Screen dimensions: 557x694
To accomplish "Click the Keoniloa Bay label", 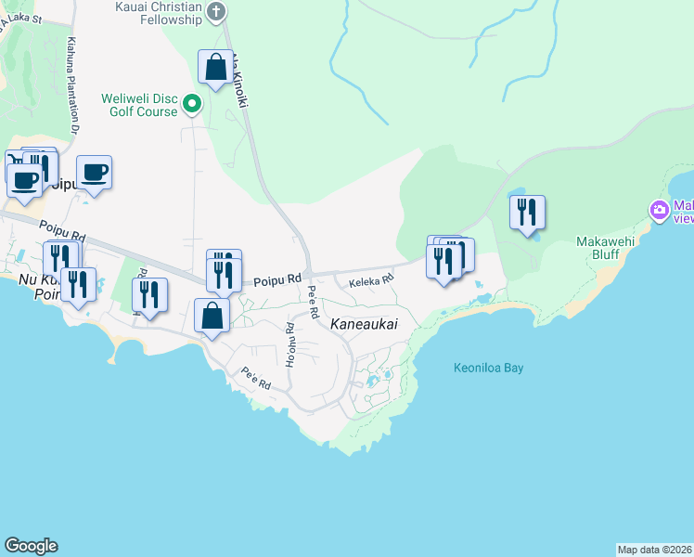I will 489,368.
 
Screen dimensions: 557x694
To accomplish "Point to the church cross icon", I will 216,11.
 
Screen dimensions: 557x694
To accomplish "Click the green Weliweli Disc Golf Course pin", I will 192,103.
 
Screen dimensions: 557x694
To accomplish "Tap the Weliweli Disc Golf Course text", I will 140,105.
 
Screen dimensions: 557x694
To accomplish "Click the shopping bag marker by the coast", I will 212,315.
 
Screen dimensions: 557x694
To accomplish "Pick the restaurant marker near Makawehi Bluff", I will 527,212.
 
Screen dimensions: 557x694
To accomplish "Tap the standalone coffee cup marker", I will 94,172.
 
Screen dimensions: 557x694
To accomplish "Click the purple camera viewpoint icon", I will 660,210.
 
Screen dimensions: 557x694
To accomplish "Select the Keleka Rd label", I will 371,278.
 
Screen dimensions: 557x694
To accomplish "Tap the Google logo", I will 31,546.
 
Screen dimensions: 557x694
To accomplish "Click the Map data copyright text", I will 655,550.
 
